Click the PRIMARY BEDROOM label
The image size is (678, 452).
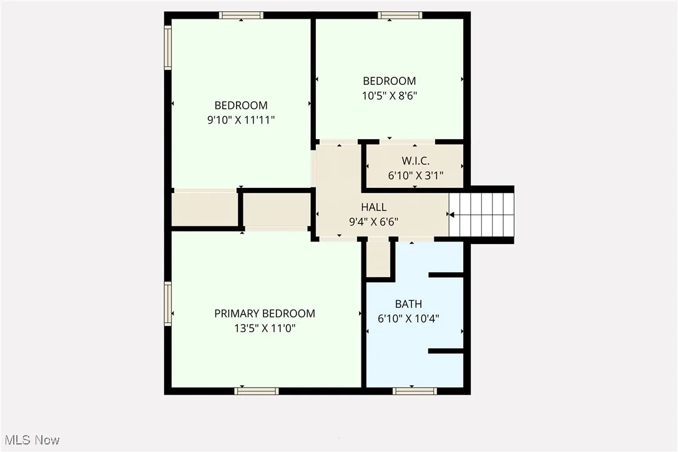265,313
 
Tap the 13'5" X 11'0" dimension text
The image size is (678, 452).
265,328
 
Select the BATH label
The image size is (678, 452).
408,304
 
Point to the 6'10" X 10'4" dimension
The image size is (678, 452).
408,318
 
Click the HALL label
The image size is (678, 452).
373,207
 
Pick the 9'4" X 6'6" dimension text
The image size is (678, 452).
373,221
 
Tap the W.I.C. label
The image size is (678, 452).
415,161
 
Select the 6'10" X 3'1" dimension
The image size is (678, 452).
415,175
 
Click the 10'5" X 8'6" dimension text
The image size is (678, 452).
390,96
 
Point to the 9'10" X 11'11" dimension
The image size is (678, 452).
241,120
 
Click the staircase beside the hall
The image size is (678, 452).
481,215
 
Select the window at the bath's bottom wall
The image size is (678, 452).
415,391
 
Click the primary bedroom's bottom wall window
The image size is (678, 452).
257,391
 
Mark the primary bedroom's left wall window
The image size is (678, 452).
168,304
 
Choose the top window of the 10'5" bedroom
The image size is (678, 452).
400,15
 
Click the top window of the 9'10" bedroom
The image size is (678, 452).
241,15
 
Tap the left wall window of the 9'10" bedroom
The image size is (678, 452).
168,47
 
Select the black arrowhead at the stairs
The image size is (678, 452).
450,215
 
